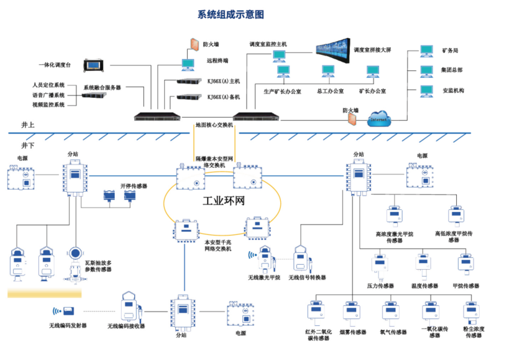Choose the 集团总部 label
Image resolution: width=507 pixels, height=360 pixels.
(x=452, y=70)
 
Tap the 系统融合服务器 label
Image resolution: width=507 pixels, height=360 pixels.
(x=102, y=87)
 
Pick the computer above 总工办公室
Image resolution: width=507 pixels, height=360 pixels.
(x=328, y=71)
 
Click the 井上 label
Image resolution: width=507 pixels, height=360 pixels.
(x=28, y=125)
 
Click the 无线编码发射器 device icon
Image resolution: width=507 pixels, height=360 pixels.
(x=69, y=311)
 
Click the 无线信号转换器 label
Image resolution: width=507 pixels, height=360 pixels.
(x=307, y=278)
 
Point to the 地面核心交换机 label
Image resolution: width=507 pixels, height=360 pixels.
(x=214, y=125)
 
